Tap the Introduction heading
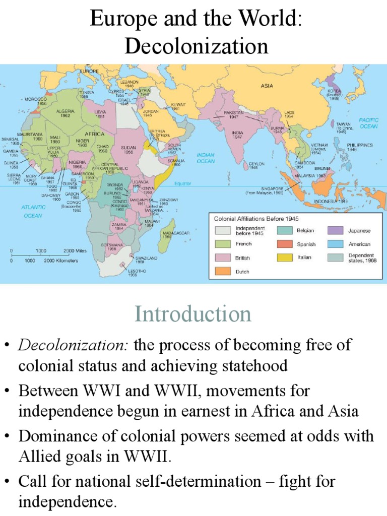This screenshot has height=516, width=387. click(193, 314)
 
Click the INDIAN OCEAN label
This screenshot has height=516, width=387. click(205, 158)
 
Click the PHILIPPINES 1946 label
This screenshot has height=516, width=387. click(359, 147)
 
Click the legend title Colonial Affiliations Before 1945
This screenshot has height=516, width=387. click(255, 219)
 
